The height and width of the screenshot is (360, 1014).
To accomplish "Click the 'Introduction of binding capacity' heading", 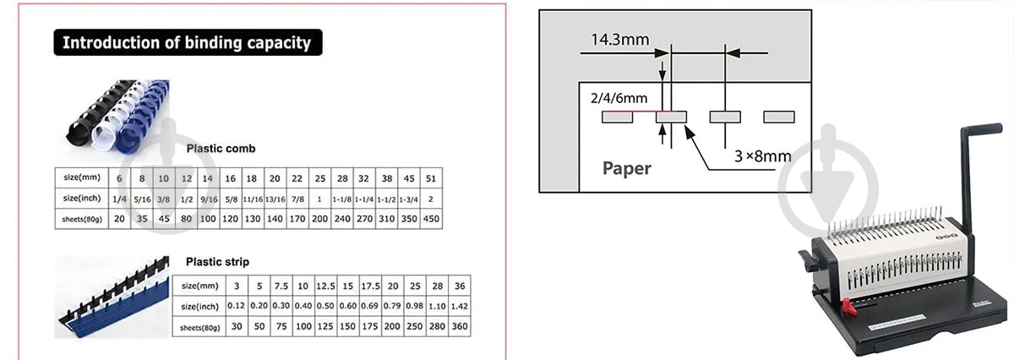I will pyautogui.click(x=187, y=42).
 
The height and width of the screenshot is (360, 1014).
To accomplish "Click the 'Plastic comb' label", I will pyautogui.click(x=221, y=149).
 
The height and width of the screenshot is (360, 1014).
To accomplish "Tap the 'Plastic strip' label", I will pyautogui.click(x=218, y=262).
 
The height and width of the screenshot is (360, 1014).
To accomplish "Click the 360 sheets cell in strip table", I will pyautogui.click(x=459, y=326).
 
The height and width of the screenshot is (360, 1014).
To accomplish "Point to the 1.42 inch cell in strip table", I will pyautogui.click(x=459, y=305).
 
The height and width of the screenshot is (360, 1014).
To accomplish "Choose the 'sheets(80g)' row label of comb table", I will pyautogui.click(x=79, y=217).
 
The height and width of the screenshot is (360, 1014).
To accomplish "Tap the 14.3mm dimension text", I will pyautogui.click(x=620, y=39).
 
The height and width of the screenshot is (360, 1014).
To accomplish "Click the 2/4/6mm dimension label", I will pyautogui.click(x=618, y=98).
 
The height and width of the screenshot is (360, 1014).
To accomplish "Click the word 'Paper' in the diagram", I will pyautogui.click(x=626, y=168).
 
